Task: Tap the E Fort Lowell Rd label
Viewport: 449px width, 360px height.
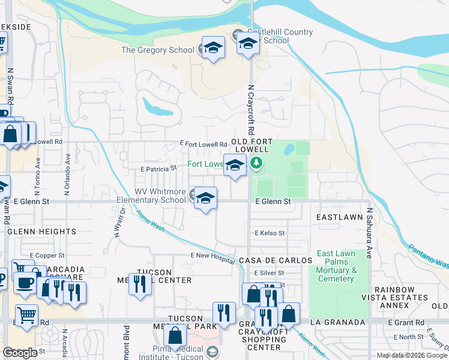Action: click(204, 144)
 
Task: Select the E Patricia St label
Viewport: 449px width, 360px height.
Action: click(158, 169)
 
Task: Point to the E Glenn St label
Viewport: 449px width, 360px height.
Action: click(273, 202)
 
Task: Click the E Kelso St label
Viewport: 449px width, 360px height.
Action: click(270, 233)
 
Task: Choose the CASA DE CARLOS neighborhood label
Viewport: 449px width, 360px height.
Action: click(276, 260)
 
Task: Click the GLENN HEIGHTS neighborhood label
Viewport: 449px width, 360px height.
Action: click(41, 231)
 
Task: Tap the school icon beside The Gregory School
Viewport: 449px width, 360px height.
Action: click(212, 49)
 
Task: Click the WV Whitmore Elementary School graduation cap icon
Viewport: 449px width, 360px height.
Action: click(205, 198)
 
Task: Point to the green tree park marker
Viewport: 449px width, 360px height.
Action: click(256, 163)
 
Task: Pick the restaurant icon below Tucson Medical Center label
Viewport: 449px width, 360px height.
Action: click(139, 283)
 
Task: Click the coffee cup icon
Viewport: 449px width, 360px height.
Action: click(25, 283)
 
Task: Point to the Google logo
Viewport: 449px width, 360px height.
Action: click(20, 353)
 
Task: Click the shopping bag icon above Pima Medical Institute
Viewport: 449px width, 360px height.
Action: click(175, 335)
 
